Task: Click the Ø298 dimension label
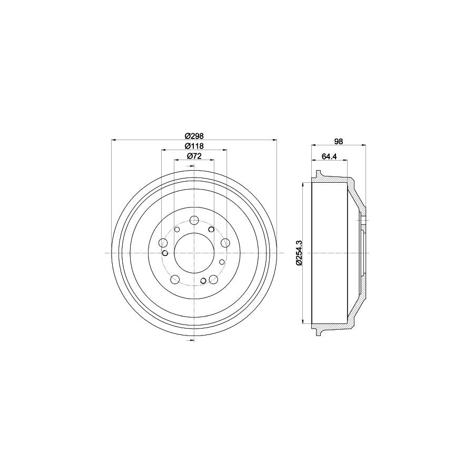pos(194,135)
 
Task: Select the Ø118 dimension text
pos(194,146)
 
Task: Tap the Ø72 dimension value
pos(194,156)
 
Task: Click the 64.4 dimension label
pos(329,156)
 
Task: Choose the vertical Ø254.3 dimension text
pos(299,253)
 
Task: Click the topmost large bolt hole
pos(194,220)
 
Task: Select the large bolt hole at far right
pos(225,242)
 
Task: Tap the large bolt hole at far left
pos(163,243)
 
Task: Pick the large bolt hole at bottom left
pos(175,279)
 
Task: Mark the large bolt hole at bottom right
pos(213,280)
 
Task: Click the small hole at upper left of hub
pos(177,229)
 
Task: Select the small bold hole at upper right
pos(211,230)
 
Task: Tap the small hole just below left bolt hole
pos(165,253)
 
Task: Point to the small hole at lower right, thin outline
pos(222,262)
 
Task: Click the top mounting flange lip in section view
pos(317,174)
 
